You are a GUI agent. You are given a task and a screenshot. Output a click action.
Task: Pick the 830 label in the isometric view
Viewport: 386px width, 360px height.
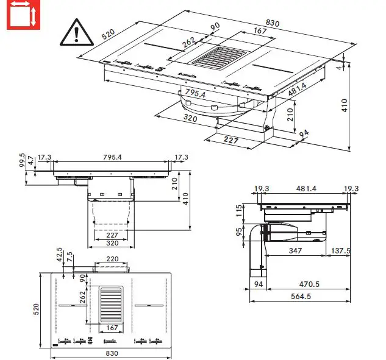[x=273, y=23]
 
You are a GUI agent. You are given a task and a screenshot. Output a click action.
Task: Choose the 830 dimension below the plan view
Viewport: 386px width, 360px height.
[x=110, y=353]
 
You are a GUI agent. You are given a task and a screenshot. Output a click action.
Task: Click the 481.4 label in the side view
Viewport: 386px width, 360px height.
[x=306, y=189]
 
